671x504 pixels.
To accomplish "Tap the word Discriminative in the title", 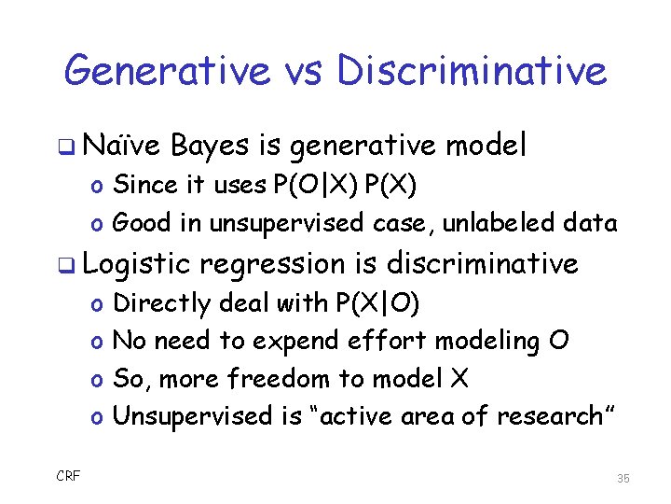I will click(x=472, y=71).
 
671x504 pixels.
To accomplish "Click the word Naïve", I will click(x=121, y=146).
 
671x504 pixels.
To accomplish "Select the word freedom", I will click(x=283, y=379).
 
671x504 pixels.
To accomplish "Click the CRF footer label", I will click(x=68, y=477).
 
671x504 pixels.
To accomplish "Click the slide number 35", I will click(x=623, y=478).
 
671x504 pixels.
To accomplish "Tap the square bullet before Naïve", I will click(x=70, y=147).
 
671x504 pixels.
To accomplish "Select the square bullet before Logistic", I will click(x=70, y=266).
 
